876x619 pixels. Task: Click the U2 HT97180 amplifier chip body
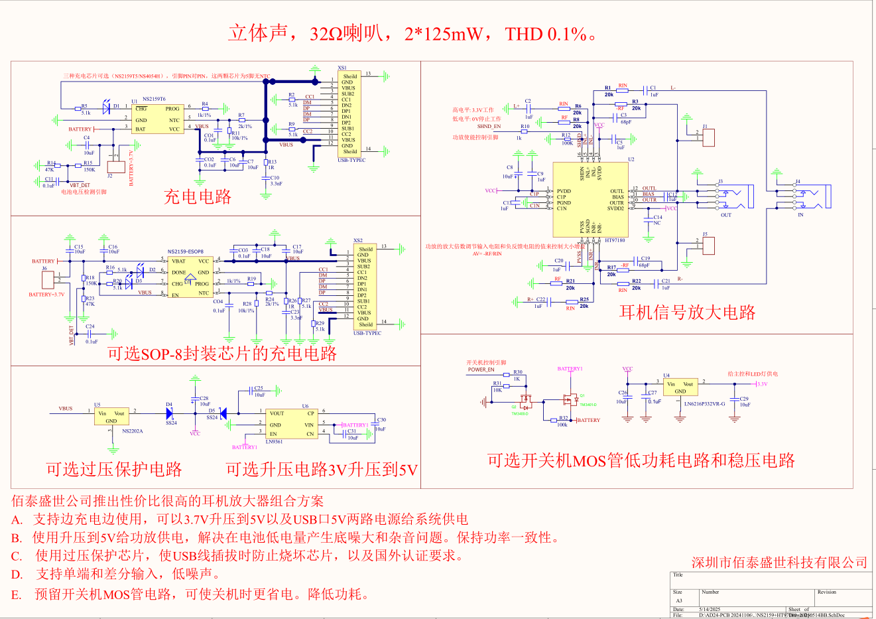[x=590, y=200]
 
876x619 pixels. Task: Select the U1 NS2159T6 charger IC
[x=157, y=118]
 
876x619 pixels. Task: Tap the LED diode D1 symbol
[x=107, y=106]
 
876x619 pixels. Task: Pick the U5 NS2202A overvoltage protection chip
[x=111, y=417]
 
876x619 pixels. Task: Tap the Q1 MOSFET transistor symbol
[x=569, y=400]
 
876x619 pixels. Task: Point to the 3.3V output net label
[x=762, y=384]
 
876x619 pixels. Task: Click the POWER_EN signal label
[x=481, y=370]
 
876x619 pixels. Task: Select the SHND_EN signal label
[x=489, y=126]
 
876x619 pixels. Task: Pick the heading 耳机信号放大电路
[x=687, y=312]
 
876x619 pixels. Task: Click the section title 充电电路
[x=198, y=196]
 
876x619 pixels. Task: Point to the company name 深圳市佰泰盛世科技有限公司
[x=779, y=563]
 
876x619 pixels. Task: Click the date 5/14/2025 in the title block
[x=710, y=609]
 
